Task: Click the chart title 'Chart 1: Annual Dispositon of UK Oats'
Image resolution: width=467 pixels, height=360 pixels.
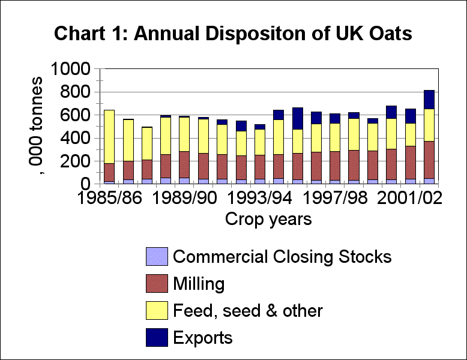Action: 233,34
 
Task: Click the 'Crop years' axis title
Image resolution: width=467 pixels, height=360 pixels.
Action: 268,220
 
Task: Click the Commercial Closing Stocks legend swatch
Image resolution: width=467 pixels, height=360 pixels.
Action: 155,257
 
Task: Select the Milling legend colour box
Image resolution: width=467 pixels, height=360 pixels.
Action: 155,284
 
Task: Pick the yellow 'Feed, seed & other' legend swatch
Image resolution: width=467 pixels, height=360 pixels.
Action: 155,311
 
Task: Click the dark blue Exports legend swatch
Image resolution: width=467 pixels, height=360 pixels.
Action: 155,338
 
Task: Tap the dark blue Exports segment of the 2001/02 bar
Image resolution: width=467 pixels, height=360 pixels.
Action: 429,99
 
